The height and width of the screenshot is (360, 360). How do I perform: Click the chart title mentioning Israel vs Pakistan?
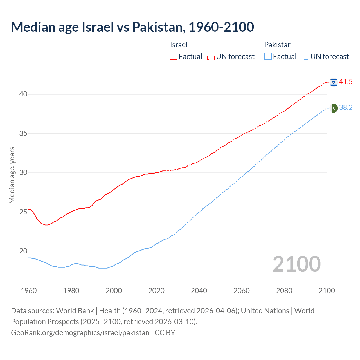tap(132, 27)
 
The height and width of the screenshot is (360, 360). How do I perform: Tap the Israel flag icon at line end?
tap(334, 82)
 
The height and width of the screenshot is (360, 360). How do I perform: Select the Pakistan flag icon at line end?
tap(334, 108)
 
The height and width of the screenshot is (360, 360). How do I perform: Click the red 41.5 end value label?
tap(346, 82)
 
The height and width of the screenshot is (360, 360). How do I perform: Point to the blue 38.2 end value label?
tap(346, 108)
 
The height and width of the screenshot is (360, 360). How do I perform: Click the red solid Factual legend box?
tap(174, 57)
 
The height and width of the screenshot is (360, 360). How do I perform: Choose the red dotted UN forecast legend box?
tap(211, 57)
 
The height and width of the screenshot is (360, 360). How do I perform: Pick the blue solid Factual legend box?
tap(268, 57)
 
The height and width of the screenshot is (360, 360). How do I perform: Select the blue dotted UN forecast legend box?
tap(305, 57)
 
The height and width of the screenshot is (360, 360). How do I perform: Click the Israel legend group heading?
tap(179, 45)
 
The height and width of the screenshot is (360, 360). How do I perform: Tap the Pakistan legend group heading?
tap(278, 45)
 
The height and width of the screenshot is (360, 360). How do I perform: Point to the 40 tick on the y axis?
tap(23, 94)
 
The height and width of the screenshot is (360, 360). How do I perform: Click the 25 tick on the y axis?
tap(23, 212)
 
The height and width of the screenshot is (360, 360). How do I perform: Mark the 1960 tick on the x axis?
tap(29, 291)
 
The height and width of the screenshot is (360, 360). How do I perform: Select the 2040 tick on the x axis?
tap(199, 291)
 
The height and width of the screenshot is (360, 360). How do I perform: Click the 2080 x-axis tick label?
tap(284, 291)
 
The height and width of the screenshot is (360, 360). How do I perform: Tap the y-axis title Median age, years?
tap(12, 175)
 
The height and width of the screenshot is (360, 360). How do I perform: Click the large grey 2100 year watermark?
tap(297, 264)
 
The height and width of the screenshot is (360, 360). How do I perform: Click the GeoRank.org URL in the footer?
tap(80, 333)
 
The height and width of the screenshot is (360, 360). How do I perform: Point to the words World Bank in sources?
tap(75, 311)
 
